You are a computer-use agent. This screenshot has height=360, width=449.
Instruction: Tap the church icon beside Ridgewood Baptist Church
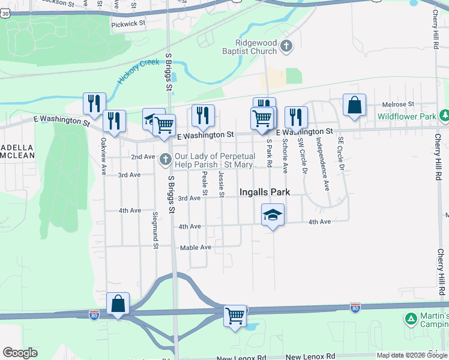click(286, 46)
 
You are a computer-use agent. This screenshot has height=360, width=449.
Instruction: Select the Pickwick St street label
click(128, 23)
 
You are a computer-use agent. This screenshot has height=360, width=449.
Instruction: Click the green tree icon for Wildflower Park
click(444, 115)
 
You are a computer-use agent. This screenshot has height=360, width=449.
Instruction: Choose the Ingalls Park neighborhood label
click(265, 193)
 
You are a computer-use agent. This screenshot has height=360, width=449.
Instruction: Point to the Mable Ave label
click(196, 247)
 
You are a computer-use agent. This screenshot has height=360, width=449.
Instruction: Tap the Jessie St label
click(221, 184)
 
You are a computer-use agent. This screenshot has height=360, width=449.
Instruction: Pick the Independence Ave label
click(322, 172)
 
